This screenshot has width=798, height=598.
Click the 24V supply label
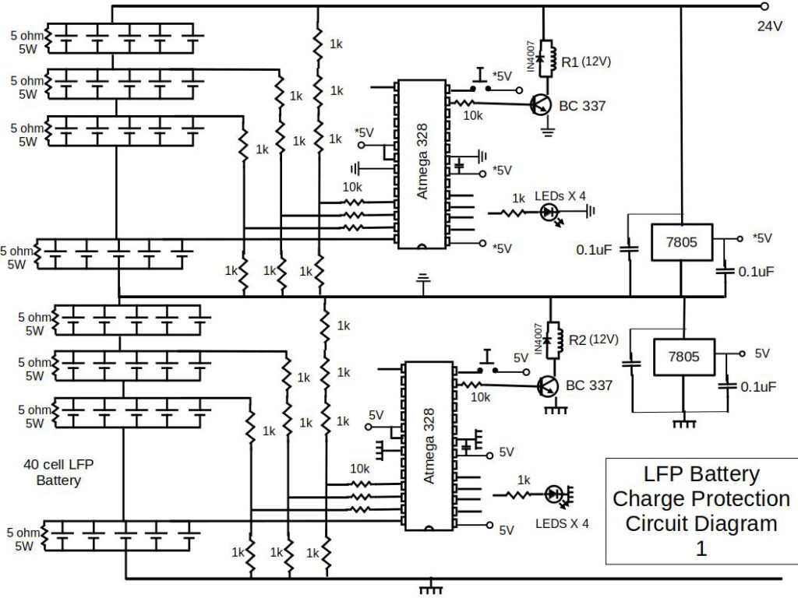click(x=769, y=26)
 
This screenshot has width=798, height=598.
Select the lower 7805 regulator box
click(x=683, y=357)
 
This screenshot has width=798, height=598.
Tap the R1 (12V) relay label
click(x=585, y=62)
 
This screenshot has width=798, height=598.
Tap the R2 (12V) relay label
click(x=592, y=339)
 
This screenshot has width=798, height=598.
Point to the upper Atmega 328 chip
click(x=422, y=164)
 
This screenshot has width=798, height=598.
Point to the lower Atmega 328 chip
click(x=427, y=445)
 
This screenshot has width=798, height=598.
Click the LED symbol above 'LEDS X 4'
click(x=554, y=493)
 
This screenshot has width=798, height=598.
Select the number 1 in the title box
click(x=701, y=548)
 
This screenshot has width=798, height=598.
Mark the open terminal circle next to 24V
click(x=764, y=6)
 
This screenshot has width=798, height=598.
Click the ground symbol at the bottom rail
click(x=427, y=586)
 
